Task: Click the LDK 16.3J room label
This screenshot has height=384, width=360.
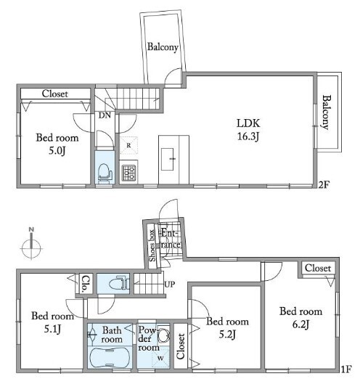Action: pyautogui.click(x=248, y=130)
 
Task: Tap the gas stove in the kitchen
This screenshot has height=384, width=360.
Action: pyautogui.click(x=128, y=173)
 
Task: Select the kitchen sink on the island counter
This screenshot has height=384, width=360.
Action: pyautogui.click(x=168, y=159)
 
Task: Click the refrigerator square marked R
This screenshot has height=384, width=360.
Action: pyautogui.click(x=128, y=145)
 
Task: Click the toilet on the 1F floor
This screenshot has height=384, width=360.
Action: pyautogui.click(x=118, y=284)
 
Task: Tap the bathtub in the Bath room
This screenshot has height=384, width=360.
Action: pyautogui.click(x=110, y=357)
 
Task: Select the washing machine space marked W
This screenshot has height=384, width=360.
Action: pyautogui.click(x=160, y=358)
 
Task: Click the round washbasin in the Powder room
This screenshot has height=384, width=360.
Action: pyautogui.click(x=163, y=335)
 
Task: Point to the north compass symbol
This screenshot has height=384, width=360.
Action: pyautogui.click(x=31, y=245)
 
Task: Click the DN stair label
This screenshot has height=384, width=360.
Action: pyautogui.click(x=105, y=115)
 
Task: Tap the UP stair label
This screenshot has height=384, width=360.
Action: pyautogui.click(x=170, y=285)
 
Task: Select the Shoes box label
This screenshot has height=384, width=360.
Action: pyautogui.click(x=152, y=245)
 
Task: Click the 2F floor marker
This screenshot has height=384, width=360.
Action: pyautogui.click(x=324, y=184)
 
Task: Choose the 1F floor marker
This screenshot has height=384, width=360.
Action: pyautogui.click(x=346, y=369)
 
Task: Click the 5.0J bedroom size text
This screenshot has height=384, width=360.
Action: pyautogui.click(x=57, y=150)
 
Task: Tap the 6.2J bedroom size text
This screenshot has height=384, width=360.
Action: pyautogui.click(x=300, y=324)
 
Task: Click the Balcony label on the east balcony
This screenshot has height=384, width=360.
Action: pyautogui.click(x=326, y=113)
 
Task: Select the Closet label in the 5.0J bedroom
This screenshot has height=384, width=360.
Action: pyautogui.click(x=55, y=94)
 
